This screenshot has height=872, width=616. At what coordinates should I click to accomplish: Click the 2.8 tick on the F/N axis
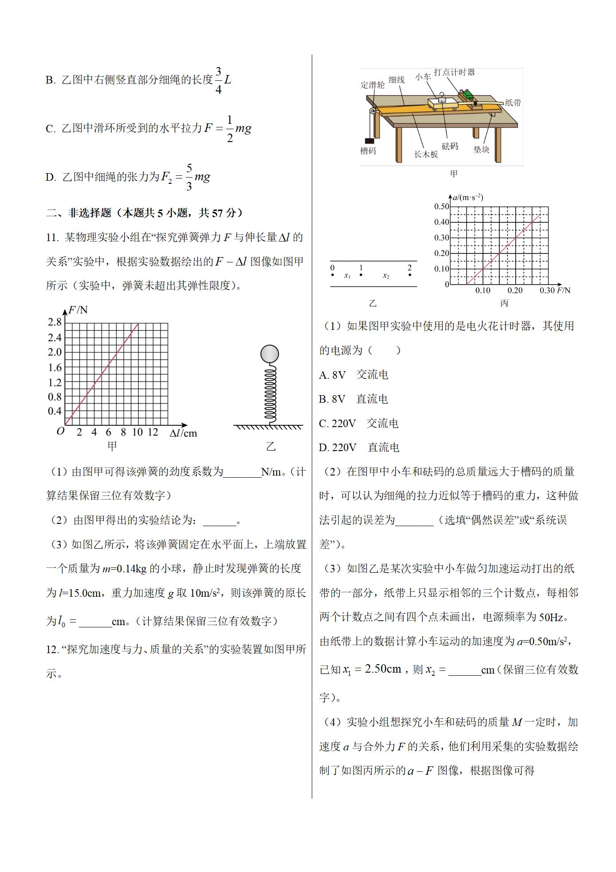coord(55,322)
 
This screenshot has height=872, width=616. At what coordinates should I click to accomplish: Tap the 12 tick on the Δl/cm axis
coord(153,432)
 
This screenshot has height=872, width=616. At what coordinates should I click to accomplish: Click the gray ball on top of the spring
coord(269,354)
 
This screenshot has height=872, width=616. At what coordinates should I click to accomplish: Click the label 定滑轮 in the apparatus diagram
coord(373,85)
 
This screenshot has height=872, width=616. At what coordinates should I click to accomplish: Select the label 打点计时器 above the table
coord(454,72)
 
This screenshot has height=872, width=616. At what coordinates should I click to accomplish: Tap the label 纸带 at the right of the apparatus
coord(513,103)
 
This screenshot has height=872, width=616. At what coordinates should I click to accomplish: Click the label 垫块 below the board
coord(481,150)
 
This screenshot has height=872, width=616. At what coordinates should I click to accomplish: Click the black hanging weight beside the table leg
coord(368,140)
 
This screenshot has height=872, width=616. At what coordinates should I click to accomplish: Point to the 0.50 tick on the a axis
coord(441,206)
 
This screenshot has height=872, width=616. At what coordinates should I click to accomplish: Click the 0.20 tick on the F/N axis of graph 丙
coord(515,291)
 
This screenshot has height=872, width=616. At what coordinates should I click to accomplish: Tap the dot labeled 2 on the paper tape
coord(410,275)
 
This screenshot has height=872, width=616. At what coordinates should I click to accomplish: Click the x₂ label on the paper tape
coord(386,276)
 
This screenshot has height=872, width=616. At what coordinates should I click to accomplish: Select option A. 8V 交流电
coord(353,375)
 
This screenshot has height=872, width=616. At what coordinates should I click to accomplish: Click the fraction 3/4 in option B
coord(218,80)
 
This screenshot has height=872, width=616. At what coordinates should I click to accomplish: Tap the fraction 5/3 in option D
coord(189,177)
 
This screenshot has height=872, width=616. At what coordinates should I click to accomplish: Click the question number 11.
coord(52,238)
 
